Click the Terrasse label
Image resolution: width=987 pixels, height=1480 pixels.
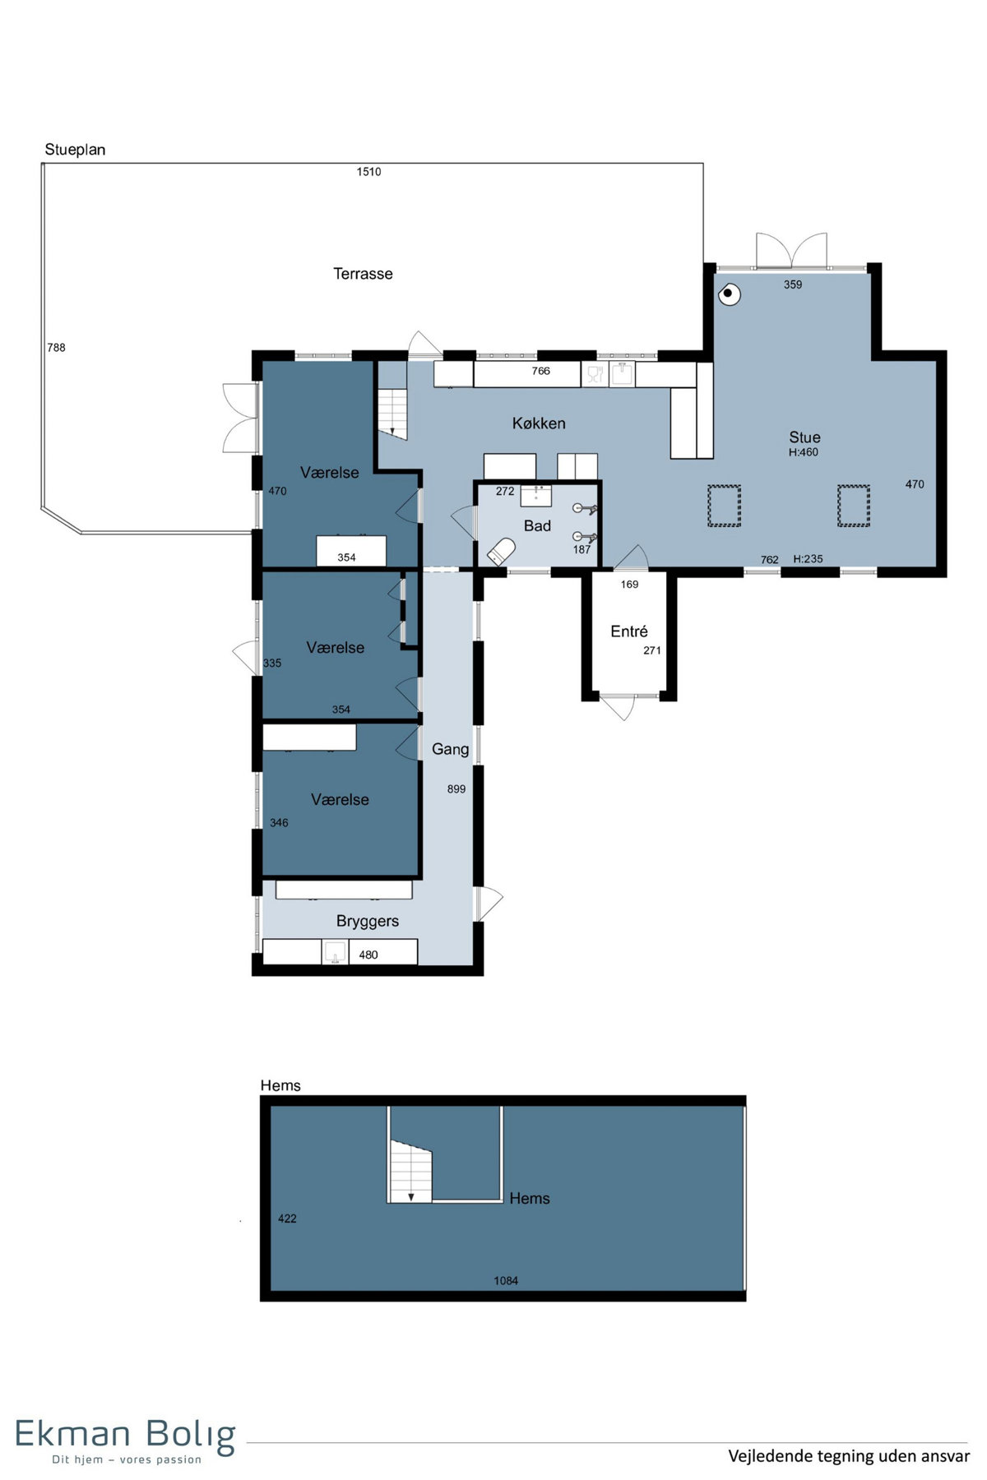coord(363,274)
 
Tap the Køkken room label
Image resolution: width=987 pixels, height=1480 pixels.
coord(539,423)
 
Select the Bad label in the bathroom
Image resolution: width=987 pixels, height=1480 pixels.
coord(537,525)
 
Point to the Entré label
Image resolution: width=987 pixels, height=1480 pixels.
coord(629,631)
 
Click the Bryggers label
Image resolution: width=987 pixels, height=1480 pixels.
coord(368,922)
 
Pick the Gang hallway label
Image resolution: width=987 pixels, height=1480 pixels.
coord(450,749)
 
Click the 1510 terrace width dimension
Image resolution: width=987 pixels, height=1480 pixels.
coord(368,172)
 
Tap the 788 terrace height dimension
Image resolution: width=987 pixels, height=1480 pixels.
coord(56,348)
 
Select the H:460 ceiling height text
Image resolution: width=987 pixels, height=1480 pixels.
coord(804,452)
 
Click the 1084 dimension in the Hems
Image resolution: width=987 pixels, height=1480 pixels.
coord(506,1280)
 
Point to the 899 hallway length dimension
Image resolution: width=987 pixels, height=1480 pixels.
coord(456,789)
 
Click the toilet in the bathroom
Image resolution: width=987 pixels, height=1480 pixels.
coord(501,551)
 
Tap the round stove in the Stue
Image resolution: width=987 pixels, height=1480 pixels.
coord(728,294)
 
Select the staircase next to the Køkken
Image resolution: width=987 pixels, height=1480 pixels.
coord(392,412)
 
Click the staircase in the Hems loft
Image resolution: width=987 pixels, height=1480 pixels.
coord(410,1171)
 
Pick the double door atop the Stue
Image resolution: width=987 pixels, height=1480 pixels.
coord(791,250)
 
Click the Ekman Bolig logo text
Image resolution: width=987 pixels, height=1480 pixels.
coord(125,1435)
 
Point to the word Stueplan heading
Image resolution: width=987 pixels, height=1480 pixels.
coord(75,150)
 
